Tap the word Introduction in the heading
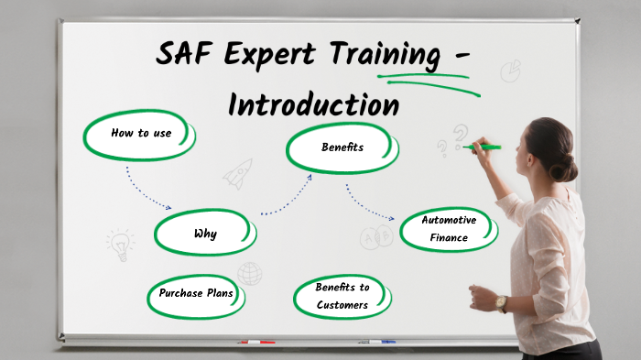[x=313, y=104]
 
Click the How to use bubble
[x=141, y=134]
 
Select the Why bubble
[x=205, y=234]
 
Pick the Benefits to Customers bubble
[x=342, y=296]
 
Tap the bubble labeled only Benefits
[x=342, y=147]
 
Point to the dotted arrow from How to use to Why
[x=147, y=189]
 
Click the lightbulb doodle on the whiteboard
[x=119, y=244]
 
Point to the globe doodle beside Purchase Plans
[x=249, y=273]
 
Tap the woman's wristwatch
[x=501, y=303]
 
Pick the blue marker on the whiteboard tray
[x=376, y=342]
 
